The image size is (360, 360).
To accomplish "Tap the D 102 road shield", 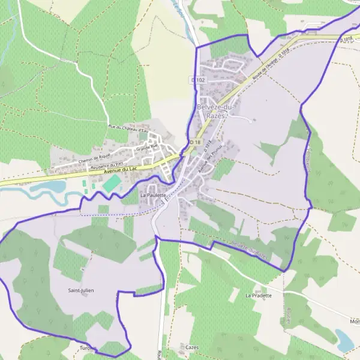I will (199, 80).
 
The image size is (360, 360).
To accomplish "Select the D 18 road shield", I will (194, 142).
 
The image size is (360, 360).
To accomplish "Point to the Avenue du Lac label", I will (121, 170).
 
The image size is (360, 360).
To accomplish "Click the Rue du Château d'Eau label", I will (128, 127).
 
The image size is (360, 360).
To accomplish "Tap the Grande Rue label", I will (146, 146).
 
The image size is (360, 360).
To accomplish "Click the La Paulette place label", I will (152, 195).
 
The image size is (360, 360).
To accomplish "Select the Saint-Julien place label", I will (81, 290).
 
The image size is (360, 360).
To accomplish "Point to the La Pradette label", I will (259, 295).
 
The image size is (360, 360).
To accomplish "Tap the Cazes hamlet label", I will (192, 347).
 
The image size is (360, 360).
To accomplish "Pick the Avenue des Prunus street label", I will (210, 162).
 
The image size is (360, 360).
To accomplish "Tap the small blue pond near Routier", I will (344, 340).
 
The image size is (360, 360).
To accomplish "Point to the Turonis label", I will (88, 348).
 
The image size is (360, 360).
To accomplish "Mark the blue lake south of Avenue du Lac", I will (48, 187).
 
